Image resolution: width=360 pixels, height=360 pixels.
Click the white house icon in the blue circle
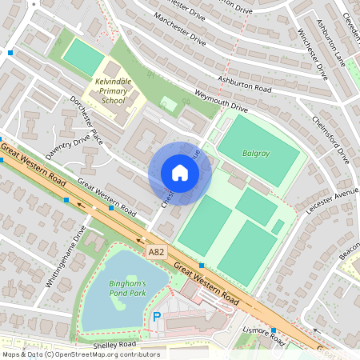click(x=179, y=173)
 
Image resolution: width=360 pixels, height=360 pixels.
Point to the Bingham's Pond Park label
click(x=128, y=290)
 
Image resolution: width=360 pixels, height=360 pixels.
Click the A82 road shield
click(x=157, y=252)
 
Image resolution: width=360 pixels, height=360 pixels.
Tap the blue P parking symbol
click(x=157, y=318)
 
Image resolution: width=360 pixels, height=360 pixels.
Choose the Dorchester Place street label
click(x=87, y=120)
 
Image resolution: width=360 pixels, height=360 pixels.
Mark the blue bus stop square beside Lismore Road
click(x=274, y=330)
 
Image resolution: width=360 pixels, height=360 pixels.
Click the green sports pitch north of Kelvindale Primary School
click(x=79, y=55)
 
